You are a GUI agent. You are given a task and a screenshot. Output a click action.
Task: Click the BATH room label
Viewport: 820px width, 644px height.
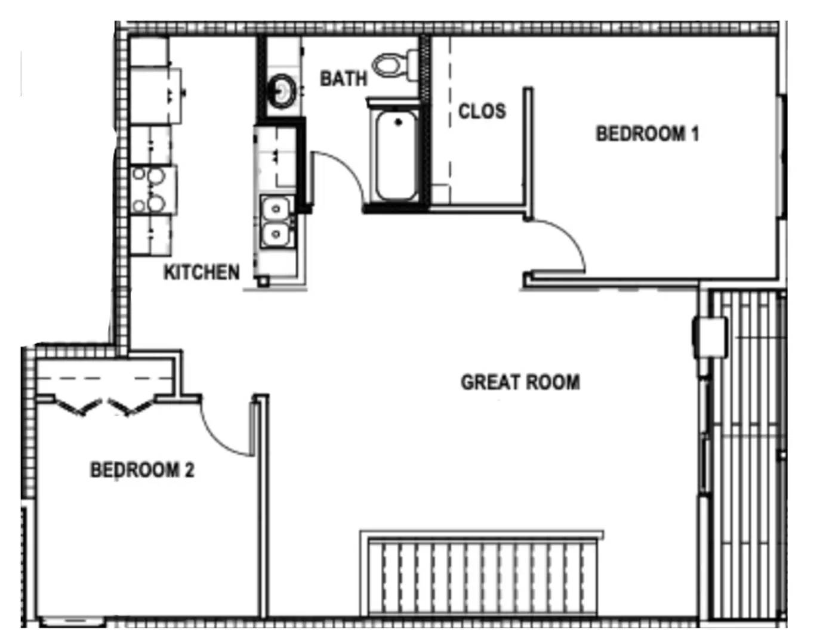click(x=343, y=78)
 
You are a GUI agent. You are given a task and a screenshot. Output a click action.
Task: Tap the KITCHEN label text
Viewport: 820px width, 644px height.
click(x=202, y=273)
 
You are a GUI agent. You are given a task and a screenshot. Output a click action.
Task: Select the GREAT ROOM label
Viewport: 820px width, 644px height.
click(x=520, y=382)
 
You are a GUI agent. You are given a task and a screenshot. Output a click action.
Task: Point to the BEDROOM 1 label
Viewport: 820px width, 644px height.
click(x=647, y=134)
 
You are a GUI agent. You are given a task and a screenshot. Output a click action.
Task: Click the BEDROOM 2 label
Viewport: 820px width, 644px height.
click(x=142, y=470)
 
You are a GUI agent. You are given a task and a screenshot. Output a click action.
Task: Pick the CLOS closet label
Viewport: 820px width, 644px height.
click(x=482, y=111)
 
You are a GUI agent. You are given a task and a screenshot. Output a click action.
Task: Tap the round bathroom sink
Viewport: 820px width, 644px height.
click(x=281, y=91)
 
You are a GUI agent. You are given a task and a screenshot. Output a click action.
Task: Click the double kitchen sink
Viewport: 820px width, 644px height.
click(x=276, y=221)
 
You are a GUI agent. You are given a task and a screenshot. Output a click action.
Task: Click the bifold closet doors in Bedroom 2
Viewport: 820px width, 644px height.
click(x=104, y=407)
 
